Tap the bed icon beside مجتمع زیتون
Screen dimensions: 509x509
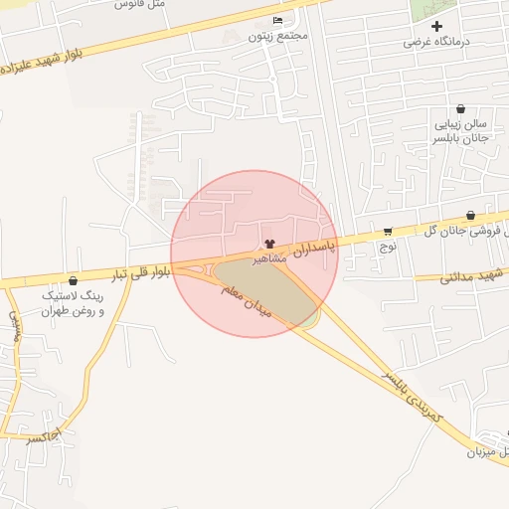pos(276,21)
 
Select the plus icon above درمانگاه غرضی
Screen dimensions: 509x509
pos(436,26)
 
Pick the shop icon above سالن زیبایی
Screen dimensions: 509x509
pos(459,108)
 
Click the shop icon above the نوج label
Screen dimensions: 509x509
pos(387,231)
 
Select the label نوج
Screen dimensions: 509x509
pos(389,245)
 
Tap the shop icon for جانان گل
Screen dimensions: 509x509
pos(469,216)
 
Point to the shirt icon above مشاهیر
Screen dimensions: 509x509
pos(268,244)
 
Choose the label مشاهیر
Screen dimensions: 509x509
pos(268,257)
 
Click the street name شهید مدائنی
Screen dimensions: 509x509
pos(473,275)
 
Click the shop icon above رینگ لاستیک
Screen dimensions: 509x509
pos(73,280)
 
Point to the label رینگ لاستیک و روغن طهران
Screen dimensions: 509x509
pos(73,303)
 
